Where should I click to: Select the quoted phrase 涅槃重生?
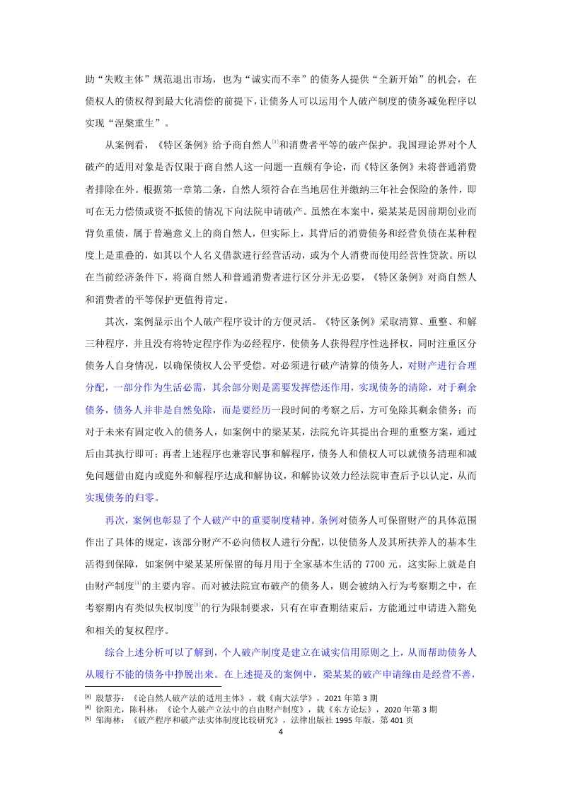[135, 121]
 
